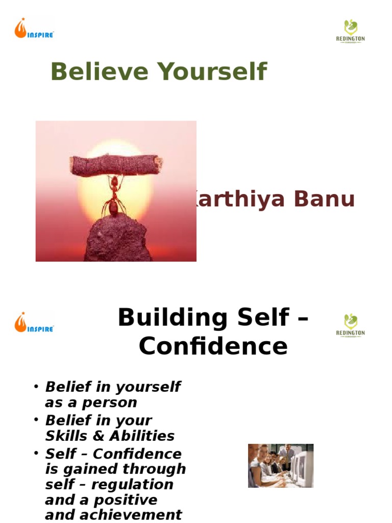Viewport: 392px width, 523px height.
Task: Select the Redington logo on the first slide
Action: [x=350, y=31]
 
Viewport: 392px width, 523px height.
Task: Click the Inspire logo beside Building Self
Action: [x=34, y=323]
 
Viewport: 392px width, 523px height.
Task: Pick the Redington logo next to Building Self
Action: [x=350, y=326]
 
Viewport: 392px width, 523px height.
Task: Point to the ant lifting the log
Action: [x=114, y=197]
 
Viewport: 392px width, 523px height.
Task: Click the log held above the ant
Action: [x=116, y=164]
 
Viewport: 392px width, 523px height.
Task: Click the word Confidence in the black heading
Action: [x=213, y=346]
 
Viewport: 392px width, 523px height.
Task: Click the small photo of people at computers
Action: [x=280, y=465]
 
